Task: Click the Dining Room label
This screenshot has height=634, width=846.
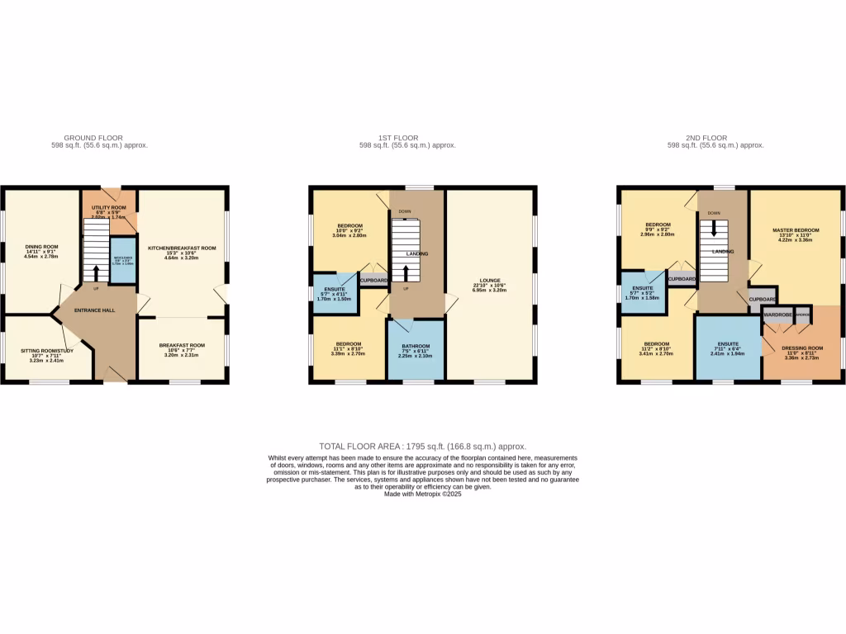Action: tap(41, 246)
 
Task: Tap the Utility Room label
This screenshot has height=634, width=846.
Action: tap(108, 207)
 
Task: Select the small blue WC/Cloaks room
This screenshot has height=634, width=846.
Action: tap(122, 261)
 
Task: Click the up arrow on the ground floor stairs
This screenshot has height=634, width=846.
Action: tap(96, 272)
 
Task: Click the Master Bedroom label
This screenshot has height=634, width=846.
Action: tap(796, 229)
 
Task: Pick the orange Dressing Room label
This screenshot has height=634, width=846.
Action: tap(802, 348)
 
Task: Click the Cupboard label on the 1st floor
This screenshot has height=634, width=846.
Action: tap(374, 281)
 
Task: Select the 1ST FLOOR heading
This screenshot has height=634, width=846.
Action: tap(407, 138)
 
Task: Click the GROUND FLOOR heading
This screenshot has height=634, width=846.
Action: tap(93, 138)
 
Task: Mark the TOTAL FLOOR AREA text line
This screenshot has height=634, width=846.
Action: tap(422, 446)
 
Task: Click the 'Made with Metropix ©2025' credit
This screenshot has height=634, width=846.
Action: tap(422, 494)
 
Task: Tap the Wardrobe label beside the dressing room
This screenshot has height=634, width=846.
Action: tap(778, 315)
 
